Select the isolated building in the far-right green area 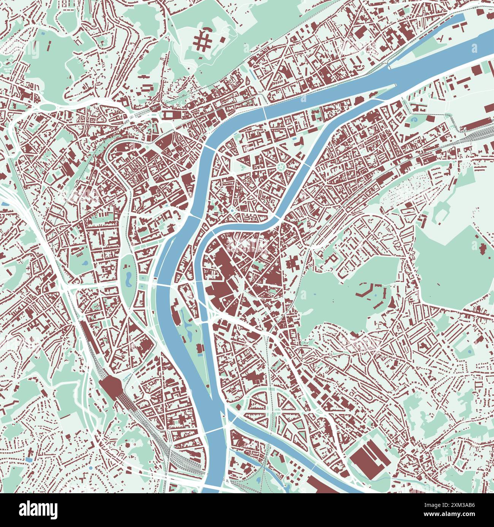coord(484,248)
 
